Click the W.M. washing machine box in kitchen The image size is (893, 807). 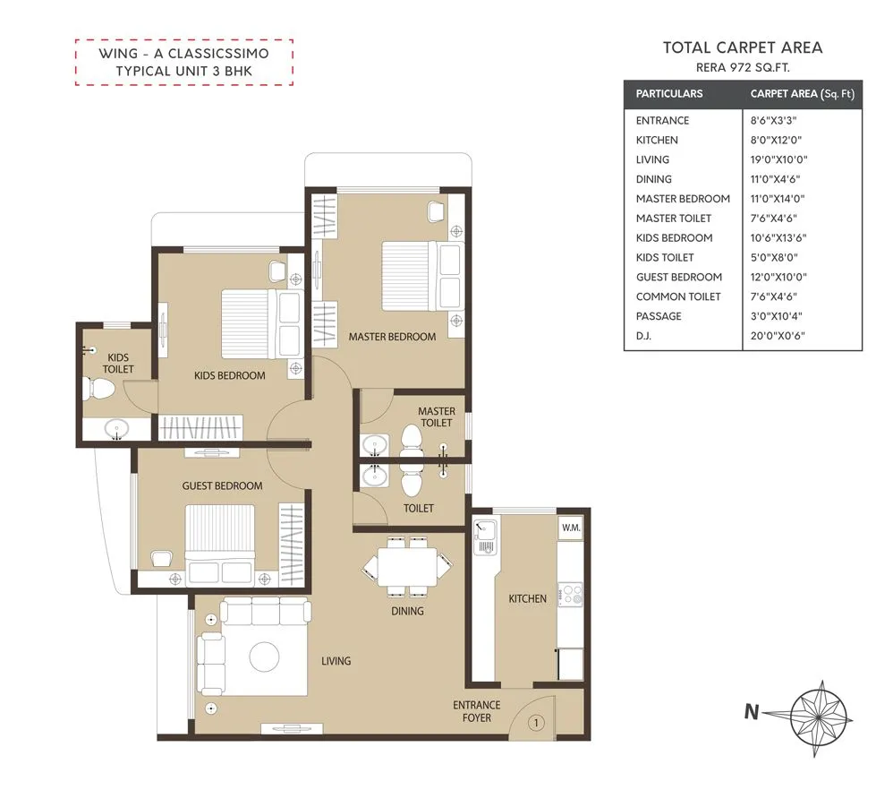pyautogui.click(x=571, y=528)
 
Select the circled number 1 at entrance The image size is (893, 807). pyautogui.click(x=536, y=722)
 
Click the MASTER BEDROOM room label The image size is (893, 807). pyautogui.click(x=392, y=337)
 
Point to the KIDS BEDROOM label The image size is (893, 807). pyautogui.click(x=230, y=375)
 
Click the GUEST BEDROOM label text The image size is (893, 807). pyautogui.click(x=222, y=485)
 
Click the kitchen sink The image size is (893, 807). pyautogui.click(x=486, y=537)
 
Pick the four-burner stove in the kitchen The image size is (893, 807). pyautogui.click(x=570, y=594)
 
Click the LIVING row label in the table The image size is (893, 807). pyautogui.click(x=652, y=159)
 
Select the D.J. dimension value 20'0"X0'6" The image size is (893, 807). pyautogui.click(x=775, y=336)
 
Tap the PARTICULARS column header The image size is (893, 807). pyautogui.click(x=668, y=93)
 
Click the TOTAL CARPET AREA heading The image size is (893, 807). pyautogui.click(x=742, y=48)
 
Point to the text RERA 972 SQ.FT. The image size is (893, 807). pyautogui.click(x=742, y=67)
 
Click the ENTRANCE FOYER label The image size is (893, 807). pyautogui.click(x=476, y=711)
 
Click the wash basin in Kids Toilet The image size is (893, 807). pyautogui.click(x=115, y=430)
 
